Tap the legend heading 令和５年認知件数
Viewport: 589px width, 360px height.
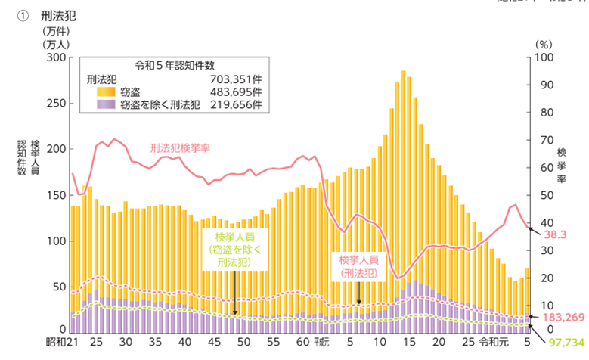click(x=174, y=64)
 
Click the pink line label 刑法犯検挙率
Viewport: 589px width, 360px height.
click(x=180, y=147)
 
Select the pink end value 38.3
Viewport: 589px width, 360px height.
click(x=555, y=234)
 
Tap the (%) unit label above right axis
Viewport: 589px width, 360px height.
click(x=544, y=44)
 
